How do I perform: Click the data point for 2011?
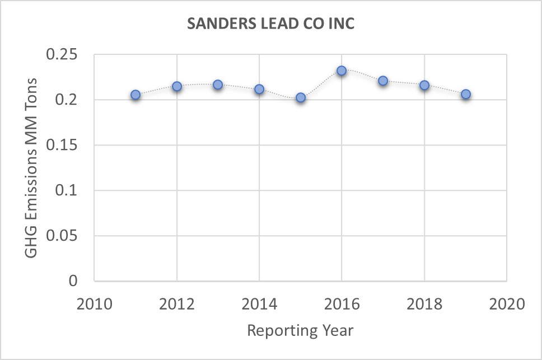(x=135, y=95)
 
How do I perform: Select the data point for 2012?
(x=177, y=86)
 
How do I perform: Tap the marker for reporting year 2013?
(x=218, y=85)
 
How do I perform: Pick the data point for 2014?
(x=259, y=89)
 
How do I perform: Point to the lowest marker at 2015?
(x=301, y=97)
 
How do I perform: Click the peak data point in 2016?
(x=342, y=71)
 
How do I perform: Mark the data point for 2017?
(x=383, y=81)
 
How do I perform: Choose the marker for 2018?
(x=424, y=85)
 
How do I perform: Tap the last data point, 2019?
(x=466, y=94)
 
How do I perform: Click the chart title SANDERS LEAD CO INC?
(x=271, y=25)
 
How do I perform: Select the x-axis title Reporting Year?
(x=300, y=330)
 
